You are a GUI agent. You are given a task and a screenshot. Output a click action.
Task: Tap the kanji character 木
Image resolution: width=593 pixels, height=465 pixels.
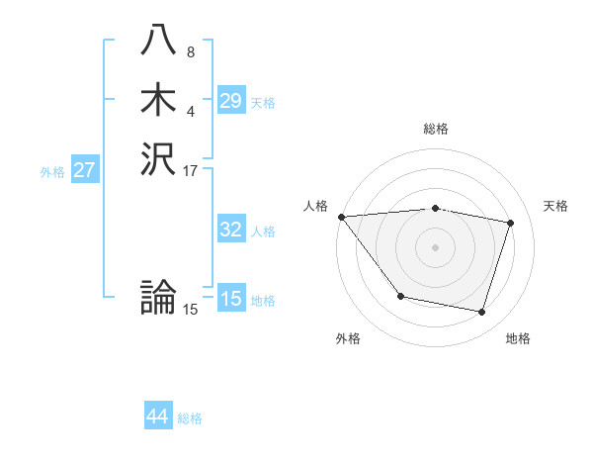point(160,101)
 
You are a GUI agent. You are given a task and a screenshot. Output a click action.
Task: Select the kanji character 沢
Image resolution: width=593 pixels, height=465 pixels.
point(160,158)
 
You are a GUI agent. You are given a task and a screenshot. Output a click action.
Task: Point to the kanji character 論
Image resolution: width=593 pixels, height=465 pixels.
point(160,297)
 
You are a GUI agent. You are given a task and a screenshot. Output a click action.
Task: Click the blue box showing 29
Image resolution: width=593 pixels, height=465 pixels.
point(230,101)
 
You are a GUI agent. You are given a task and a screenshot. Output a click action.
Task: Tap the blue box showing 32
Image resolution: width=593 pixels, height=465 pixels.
point(230,230)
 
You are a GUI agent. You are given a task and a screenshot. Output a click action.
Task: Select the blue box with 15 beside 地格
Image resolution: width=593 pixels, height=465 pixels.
point(230,299)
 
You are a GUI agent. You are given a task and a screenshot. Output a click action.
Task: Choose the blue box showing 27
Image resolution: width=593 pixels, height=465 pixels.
point(84,170)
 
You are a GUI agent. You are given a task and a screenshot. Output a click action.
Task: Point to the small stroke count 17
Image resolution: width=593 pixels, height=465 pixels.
point(191,169)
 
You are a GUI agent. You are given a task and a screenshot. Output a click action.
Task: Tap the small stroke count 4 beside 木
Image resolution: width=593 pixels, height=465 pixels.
point(190,110)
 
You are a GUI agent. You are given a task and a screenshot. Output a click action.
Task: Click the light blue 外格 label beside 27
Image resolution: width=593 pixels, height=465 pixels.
point(52,172)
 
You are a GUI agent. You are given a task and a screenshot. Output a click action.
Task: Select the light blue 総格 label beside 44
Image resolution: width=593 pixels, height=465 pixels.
point(190,419)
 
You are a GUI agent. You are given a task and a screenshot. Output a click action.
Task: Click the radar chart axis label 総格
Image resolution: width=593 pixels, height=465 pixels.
point(436,129)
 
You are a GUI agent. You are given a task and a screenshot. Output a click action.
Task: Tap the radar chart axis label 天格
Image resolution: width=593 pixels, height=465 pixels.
point(556,206)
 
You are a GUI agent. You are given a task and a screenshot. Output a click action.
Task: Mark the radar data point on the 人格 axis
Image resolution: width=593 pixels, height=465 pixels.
point(341,217)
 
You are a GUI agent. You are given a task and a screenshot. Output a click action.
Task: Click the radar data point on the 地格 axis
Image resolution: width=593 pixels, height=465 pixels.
point(482,313)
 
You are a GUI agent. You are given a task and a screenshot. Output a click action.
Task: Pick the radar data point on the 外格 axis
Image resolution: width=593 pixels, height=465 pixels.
point(400,296)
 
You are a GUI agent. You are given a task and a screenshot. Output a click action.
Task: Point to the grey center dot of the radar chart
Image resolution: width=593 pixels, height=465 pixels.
point(436,247)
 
